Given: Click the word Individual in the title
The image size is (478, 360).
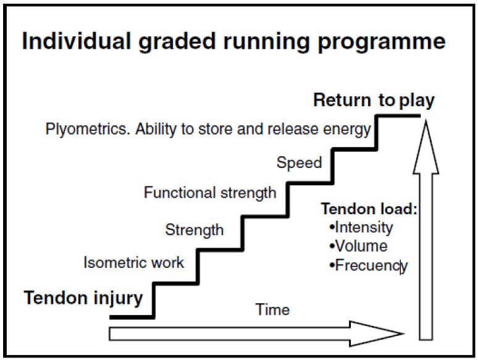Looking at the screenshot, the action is click(x=77, y=41).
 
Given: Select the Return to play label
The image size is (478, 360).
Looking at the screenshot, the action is click(x=374, y=101).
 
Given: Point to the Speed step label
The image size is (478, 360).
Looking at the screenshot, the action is click(x=299, y=163).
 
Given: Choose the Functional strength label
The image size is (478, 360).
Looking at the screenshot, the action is click(x=210, y=193).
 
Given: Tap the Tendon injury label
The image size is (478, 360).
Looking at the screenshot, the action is click(x=83, y=298).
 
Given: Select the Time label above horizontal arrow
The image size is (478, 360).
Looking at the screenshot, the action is click(x=272, y=310).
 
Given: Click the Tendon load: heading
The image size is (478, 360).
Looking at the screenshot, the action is click(x=369, y=209).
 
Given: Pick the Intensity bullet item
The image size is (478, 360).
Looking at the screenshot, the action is click(x=361, y=228).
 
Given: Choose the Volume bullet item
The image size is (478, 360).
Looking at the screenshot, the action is click(x=358, y=246).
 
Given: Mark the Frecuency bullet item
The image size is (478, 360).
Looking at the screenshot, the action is click(x=368, y=266).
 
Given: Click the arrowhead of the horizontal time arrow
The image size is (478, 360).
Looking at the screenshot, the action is click(x=377, y=334).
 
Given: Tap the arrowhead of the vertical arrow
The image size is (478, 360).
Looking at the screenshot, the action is click(x=426, y=147).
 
